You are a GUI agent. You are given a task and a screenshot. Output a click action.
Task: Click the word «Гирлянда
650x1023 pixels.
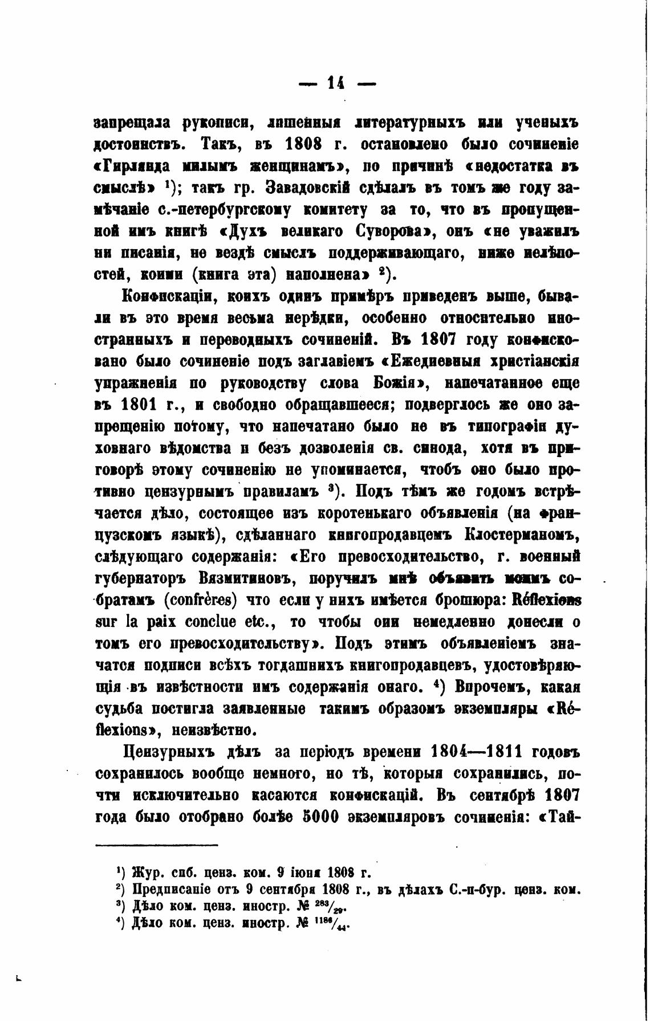[x=135, y=166]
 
